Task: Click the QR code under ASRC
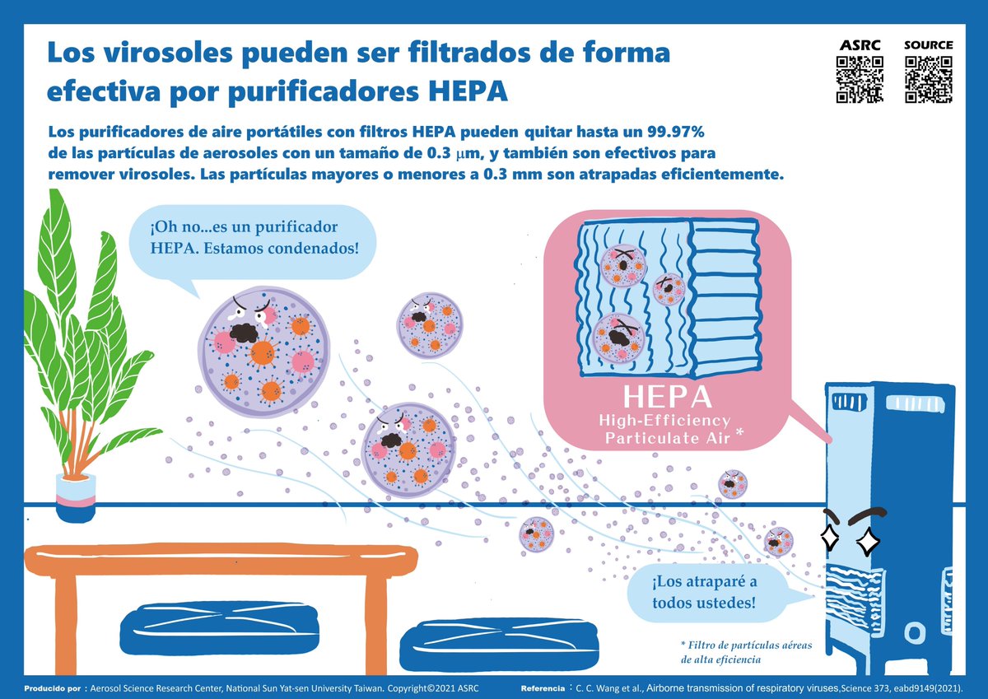[860, 80]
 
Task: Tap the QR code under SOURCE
[928, 80]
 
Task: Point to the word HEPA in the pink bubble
[667, 398]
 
